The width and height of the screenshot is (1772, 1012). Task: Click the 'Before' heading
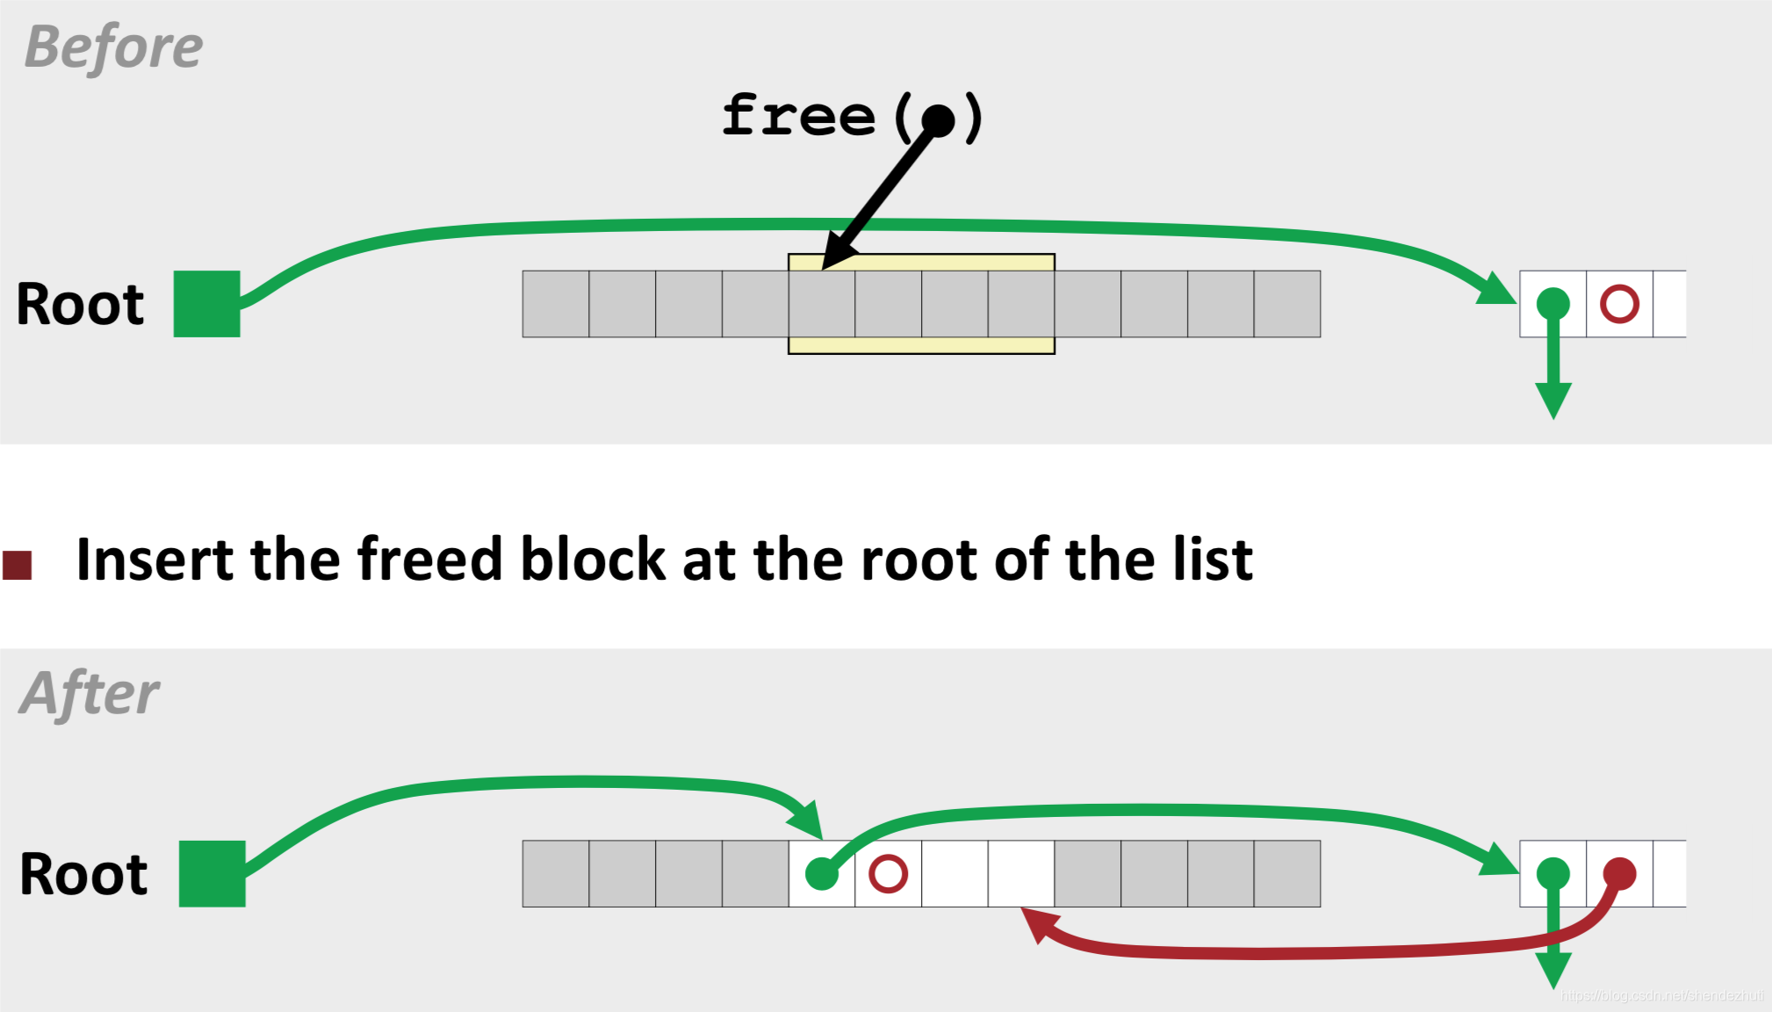pos(113,47)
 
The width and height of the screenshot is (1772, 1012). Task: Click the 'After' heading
pos(90,694)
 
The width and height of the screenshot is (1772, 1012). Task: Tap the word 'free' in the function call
pos(798,115)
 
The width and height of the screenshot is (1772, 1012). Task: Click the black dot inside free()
pos(938,120)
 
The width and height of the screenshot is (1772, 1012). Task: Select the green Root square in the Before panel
pos(206,304)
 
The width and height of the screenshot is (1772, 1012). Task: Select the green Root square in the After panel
pos(212,873)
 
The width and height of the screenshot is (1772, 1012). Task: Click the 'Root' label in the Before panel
pos(80,305)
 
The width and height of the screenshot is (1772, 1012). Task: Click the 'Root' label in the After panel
pos(83,874)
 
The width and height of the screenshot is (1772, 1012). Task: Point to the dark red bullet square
pos(18,565)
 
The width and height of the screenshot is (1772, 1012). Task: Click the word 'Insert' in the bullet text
pos(155,560)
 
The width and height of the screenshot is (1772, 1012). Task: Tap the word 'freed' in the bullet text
pos(429,560)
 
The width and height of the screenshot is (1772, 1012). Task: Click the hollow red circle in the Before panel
pos(1619,304)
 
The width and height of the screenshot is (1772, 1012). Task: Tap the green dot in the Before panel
pos(1552,304)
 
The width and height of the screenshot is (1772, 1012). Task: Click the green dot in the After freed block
pos(822,874)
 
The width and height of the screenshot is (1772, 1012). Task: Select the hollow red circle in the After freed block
pos(888,874)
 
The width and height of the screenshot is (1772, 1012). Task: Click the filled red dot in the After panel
pos(1619,873)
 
